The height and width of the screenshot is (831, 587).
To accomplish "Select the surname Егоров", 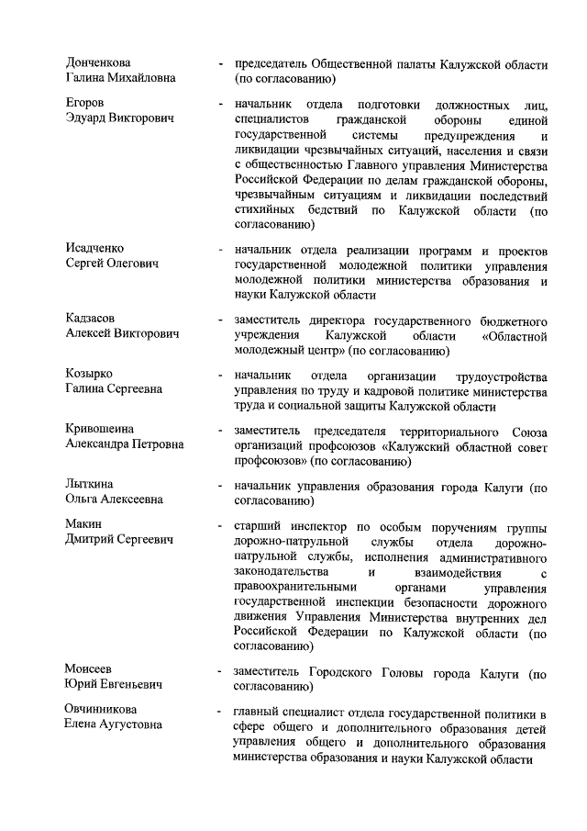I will [x=84, y=104].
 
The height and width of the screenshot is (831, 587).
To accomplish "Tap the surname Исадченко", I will [x=95, y=249].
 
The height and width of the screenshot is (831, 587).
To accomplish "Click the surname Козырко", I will [x=90, y=375].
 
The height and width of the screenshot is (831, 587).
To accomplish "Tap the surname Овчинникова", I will [x=101, y=710].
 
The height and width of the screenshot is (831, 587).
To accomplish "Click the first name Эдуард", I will [x=87, y=118].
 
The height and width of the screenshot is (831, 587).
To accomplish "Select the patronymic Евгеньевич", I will [x=129, y=684].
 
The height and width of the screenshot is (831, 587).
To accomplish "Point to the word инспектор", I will [x=315, y=526].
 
